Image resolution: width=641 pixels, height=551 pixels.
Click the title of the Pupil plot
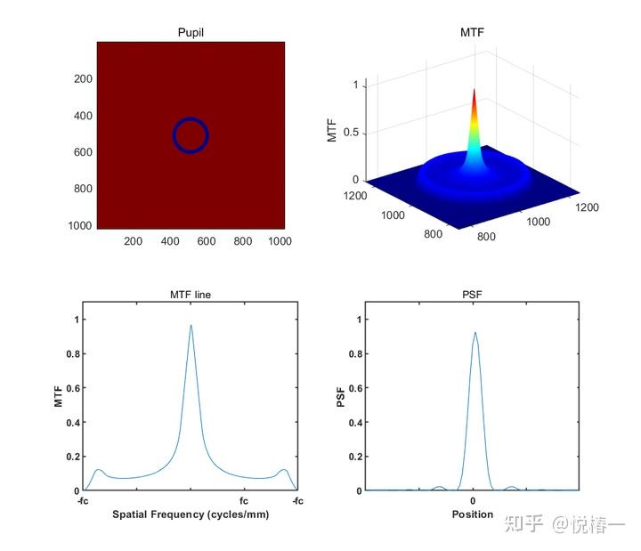coord(191,32)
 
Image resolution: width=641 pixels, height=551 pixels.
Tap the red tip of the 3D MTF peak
coord(474,92)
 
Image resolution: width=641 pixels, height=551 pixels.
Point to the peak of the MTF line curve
coord(191,326)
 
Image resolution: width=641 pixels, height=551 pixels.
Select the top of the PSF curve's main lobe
coord(474,334)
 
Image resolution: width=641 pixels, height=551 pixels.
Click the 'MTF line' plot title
coord(191,295)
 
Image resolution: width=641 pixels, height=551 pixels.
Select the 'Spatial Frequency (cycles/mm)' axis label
coord(191,515)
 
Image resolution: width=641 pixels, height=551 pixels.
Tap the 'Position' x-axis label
coord(472,515)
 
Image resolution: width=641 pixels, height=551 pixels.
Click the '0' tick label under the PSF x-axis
coord(473,500)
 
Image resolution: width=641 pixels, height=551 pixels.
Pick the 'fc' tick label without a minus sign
coord(244,500)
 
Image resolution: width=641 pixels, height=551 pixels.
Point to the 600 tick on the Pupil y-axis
coord(83,152)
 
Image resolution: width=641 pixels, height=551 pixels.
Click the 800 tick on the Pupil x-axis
coord(243,241)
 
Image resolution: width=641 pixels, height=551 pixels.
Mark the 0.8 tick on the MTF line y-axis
coord(73,353)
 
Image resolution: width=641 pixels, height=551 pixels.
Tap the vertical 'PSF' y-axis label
coord(340,397)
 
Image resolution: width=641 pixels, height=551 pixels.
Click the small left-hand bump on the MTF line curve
coord(99,470)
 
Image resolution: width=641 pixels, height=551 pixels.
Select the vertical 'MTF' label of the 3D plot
coord(332,132)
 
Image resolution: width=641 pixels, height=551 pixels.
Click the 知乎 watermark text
coord(523,524)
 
